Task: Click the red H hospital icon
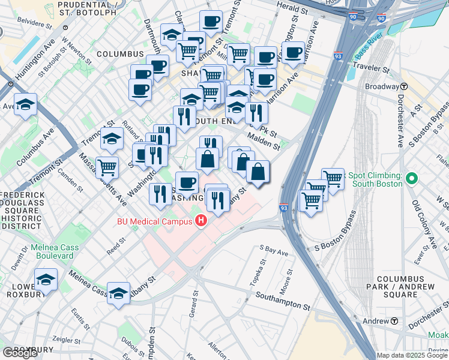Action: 201,221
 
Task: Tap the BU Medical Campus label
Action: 155,221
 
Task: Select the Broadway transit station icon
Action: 404,86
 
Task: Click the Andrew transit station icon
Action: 394,321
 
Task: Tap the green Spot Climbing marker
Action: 412,179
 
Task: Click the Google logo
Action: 20,353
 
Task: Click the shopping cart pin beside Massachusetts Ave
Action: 107,166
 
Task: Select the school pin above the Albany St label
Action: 119,293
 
